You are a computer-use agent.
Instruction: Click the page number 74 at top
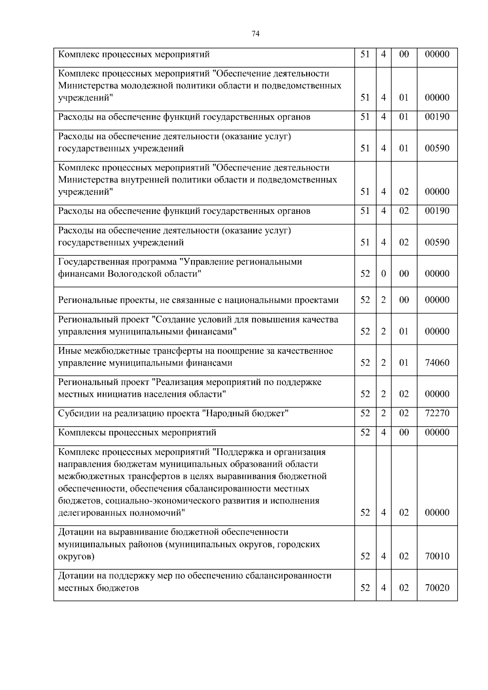(x=255, y=34)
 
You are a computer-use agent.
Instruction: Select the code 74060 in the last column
(x=437, y=363)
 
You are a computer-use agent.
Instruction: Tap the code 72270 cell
(x=437, y=414)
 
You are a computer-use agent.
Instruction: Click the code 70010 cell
(x=437, y=556)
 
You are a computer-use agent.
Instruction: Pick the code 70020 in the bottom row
(x=437, y=588)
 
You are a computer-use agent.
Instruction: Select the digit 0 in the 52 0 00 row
(x=383, y=274)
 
